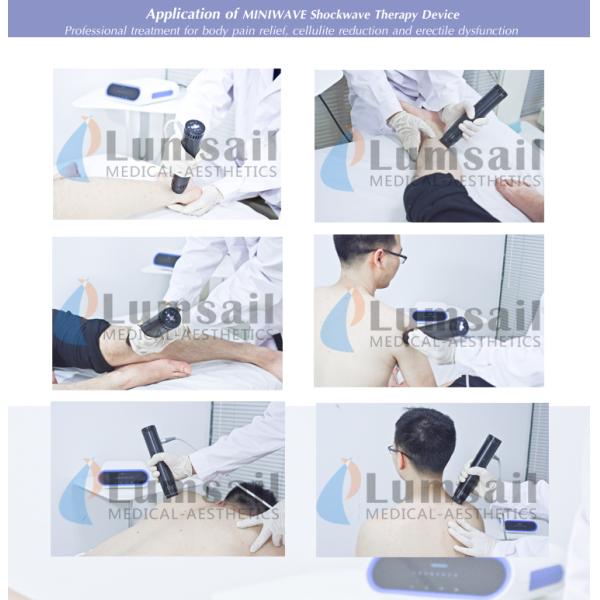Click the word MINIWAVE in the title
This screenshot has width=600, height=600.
tap(275, 15)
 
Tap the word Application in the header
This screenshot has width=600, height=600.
tap(183, 15)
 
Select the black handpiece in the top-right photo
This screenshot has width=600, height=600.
tap(473, 116)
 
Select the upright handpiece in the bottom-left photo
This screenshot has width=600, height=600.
tap(159, 462)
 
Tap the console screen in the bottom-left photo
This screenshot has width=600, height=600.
tap(123, 477)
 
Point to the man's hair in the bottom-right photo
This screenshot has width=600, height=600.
tap(426, 440)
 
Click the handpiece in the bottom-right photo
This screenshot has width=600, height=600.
tap(476, 469)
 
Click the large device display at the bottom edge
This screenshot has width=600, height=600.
tap(439, 579)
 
